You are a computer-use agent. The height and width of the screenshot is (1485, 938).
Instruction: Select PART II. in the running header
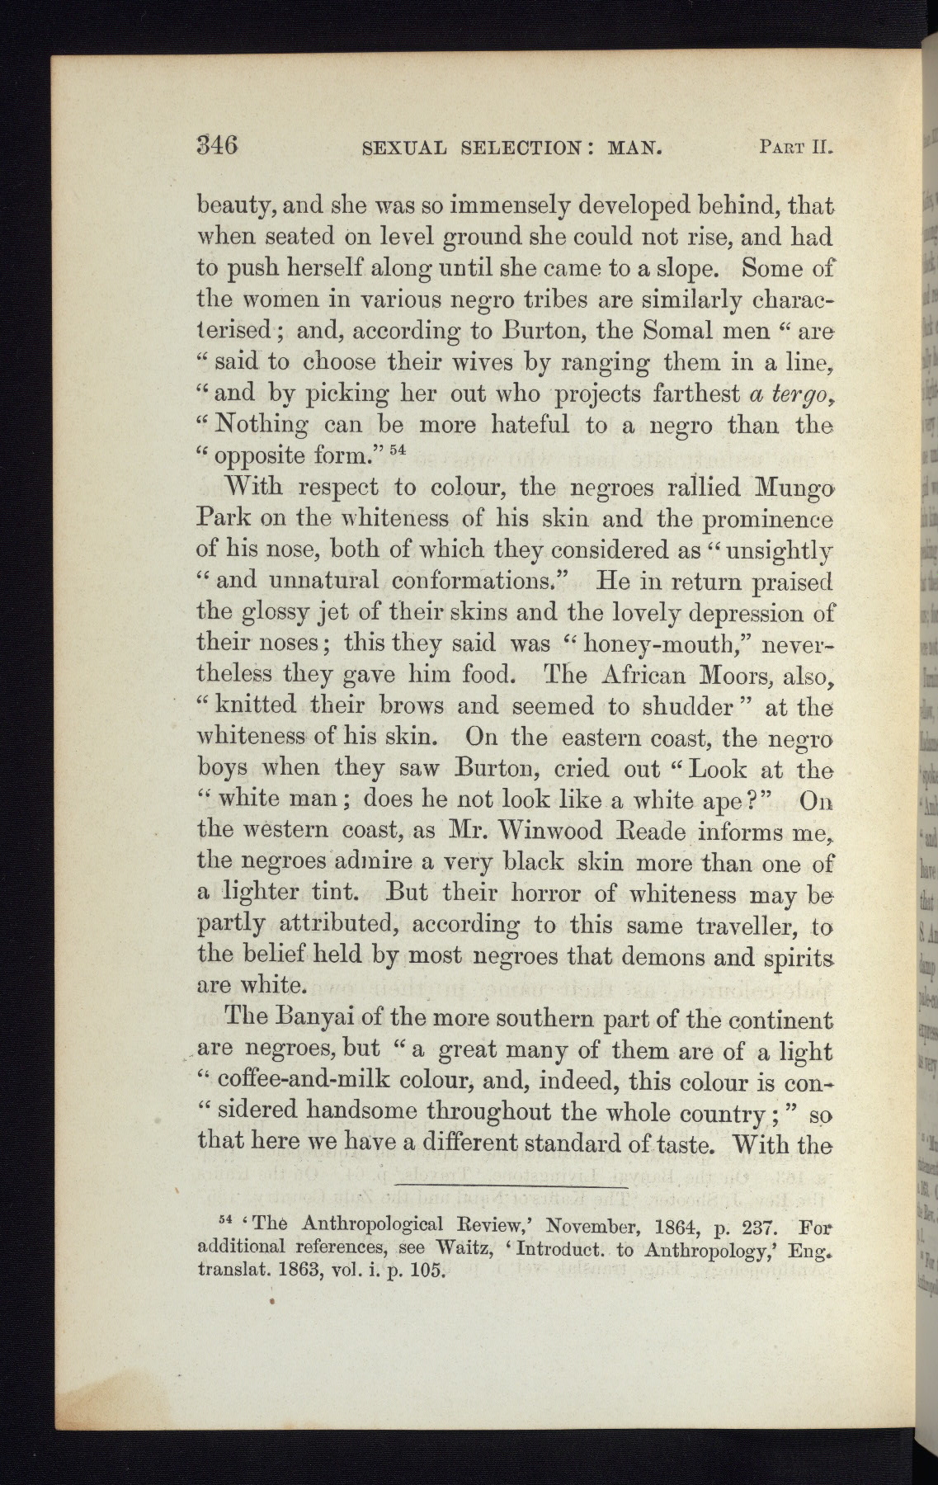[792, 148]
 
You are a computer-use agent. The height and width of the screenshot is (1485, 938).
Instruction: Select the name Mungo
[786, 488]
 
